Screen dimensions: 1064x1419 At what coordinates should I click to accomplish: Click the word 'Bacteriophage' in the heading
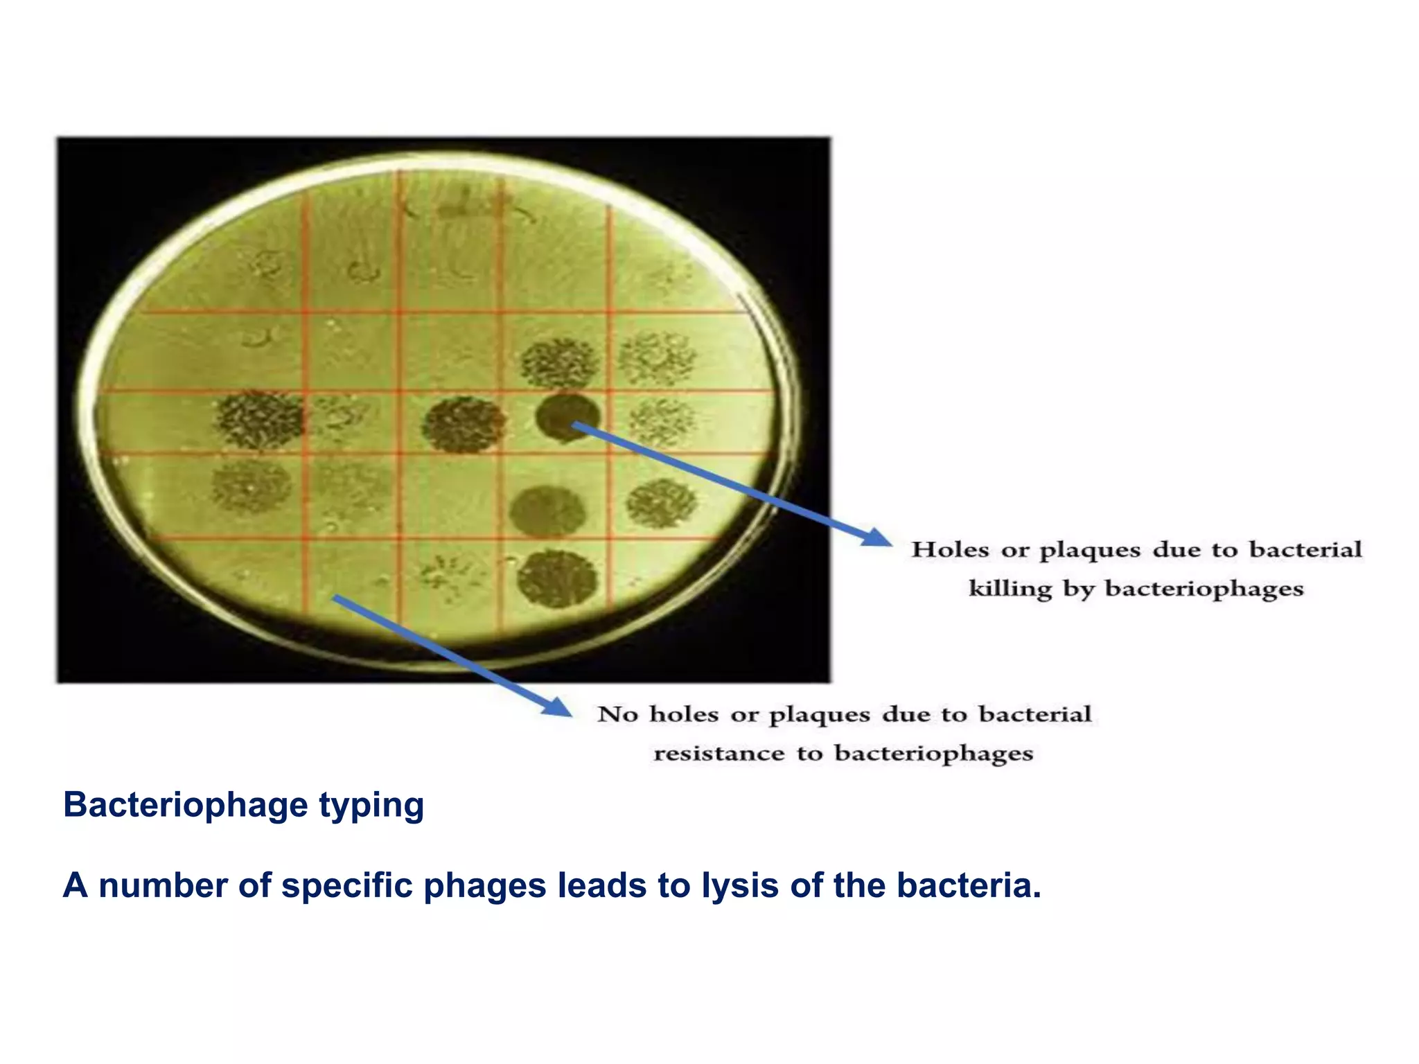[x=185, y=805]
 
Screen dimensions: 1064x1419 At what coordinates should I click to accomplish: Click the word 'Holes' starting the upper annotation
[x=950, y=549]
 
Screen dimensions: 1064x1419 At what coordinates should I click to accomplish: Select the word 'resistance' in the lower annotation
[x=719, y=752]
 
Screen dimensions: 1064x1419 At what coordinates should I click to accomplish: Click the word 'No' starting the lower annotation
[x=617, y=713]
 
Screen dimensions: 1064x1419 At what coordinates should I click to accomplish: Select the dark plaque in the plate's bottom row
[x=556, y=578]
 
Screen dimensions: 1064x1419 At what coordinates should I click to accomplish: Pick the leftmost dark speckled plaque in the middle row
[x=260, y=419]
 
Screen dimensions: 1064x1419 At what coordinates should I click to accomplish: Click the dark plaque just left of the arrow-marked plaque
[x=464, y=423]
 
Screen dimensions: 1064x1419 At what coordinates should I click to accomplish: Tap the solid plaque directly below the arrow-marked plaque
[x=547, y=511]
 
